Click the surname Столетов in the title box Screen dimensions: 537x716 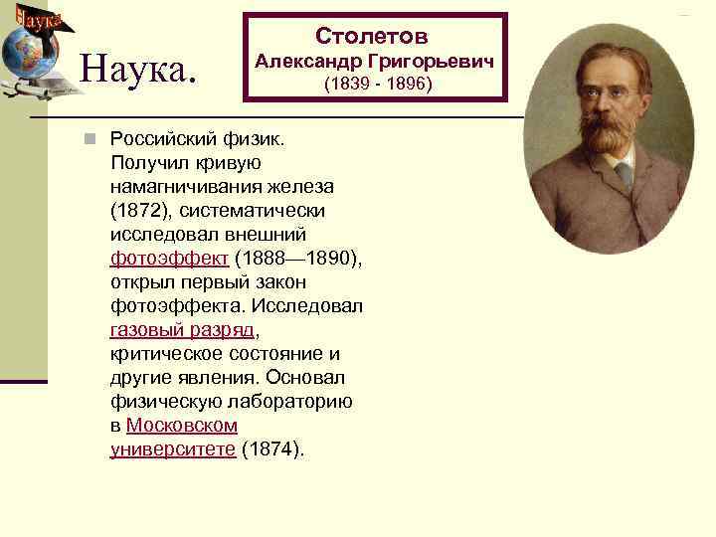click(x=372, y=37)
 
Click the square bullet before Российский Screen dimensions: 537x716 click(x=89, y=138)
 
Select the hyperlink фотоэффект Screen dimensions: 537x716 click(x=169, y=259)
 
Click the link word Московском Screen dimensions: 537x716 click(x=182, y=426)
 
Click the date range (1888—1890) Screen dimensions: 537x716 click(x=298, y=259)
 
